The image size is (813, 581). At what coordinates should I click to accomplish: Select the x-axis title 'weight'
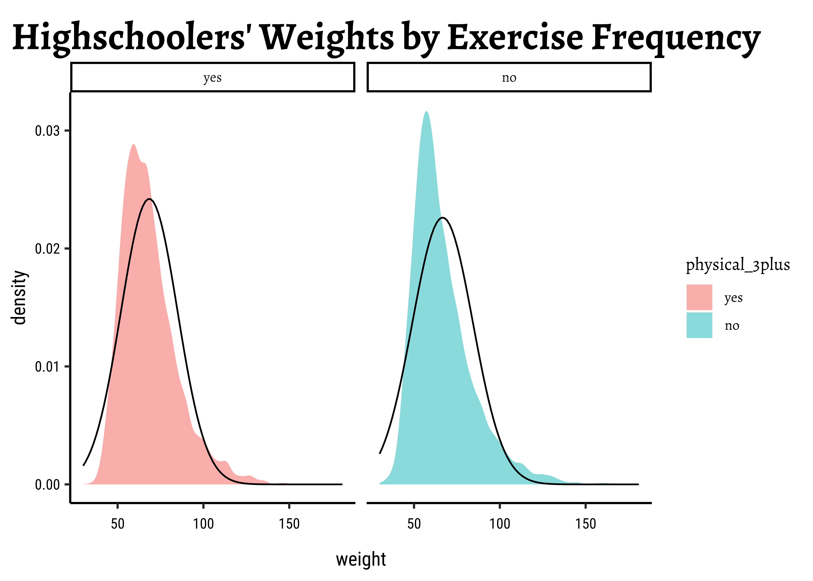[361, 559]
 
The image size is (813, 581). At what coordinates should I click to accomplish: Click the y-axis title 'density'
[19, 298]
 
